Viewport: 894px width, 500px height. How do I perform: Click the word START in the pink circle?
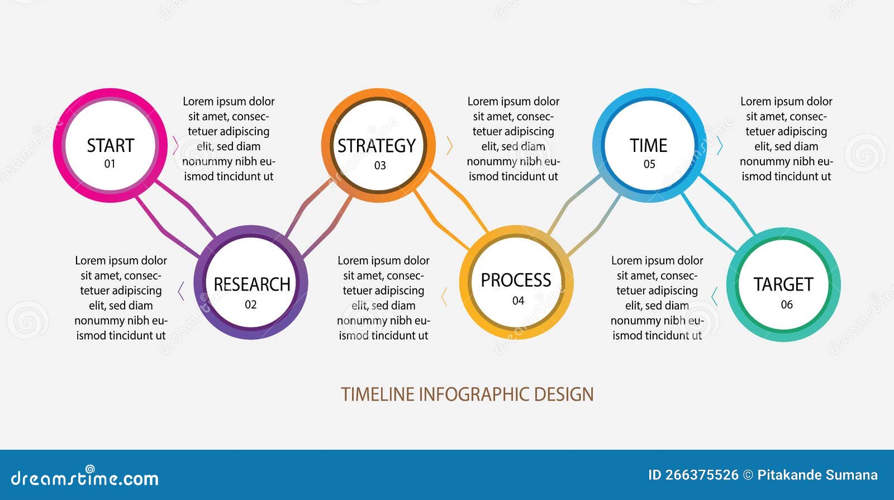tap(110, 146)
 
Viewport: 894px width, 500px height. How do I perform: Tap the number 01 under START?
tap(110, 164)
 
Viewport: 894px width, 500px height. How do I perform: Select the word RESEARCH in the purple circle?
tap(251, 284)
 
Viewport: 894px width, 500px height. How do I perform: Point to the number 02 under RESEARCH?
tap(250, 305)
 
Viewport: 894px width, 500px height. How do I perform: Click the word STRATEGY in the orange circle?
tap(377, 146)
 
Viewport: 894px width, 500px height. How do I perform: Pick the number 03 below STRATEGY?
tap(380, 165)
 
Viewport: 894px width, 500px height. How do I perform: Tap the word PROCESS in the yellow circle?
tap(516, 280)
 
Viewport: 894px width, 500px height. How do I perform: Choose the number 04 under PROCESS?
tap(518, 301)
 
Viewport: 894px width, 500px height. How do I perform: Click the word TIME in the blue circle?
tap(648, 146)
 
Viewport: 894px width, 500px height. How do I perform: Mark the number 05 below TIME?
tap(649, 164)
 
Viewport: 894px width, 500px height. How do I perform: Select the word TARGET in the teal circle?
tap(783, 284)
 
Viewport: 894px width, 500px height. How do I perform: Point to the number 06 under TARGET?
tap(786, 305)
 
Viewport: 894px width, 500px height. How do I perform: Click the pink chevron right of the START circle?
tap(175, 145)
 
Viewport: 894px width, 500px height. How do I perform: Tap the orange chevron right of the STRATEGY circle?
tap(449, 145)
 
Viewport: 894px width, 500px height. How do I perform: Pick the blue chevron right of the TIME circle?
tap(720, 146)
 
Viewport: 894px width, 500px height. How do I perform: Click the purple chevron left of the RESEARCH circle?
tap(181, 291)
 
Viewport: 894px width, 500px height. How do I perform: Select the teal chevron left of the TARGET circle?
tap(714, 296)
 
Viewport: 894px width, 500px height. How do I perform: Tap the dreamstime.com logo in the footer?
tap(84, 478)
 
